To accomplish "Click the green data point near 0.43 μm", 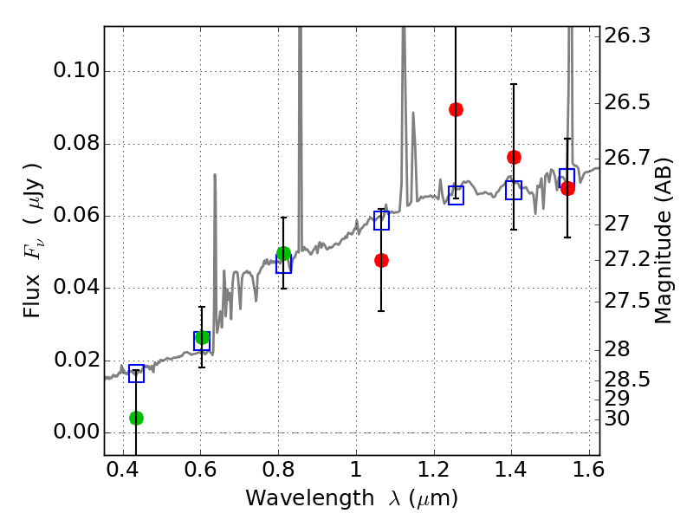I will click(136, 418).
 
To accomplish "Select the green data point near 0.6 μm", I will click(202, 337).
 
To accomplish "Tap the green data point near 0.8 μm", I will click(283, 253).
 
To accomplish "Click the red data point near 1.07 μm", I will click(381, 260).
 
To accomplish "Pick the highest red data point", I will click(456, 109).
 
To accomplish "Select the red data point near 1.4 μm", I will click(514, 157).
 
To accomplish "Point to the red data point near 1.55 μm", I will click(567, 188).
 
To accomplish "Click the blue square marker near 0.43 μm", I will click(136, 374).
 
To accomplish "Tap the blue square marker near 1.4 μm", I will click(514, 190).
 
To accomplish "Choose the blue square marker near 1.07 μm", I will click(381, 220).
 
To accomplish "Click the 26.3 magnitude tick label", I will click(625, 36).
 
